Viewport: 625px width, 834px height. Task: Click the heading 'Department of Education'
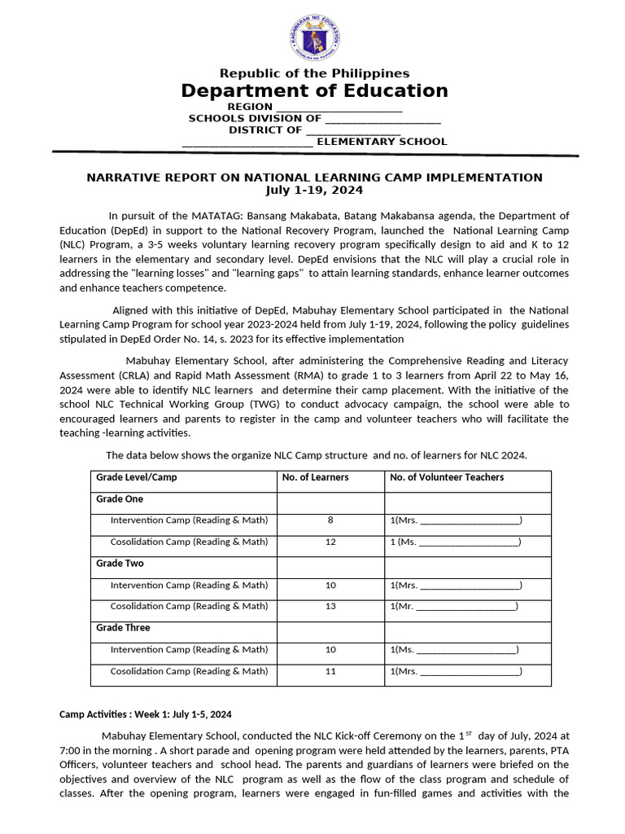click(x=314, y=90)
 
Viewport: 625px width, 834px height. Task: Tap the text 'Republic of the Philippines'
click(x=314, y=73)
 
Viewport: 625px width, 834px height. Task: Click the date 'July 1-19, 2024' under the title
click(x=314, y=190)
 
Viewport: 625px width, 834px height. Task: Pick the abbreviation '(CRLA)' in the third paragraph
click(x=80, y=375)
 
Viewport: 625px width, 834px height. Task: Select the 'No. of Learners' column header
click(x=315, y=477)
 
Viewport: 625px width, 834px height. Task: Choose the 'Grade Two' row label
click(x=120, y=564)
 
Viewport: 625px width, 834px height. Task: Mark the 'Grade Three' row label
click(x=123, y=628)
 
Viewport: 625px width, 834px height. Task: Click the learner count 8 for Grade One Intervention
click(x=330, y=520)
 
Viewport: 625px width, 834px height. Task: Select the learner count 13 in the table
click(x=330, y=606)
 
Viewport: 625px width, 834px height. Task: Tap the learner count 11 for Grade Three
click(x=330, y=671)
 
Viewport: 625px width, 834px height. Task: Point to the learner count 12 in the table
click(x=330, y=542)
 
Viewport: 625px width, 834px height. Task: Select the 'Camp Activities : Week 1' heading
click(x=146, y=714)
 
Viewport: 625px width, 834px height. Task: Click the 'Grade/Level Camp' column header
click(x=136, y=477)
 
